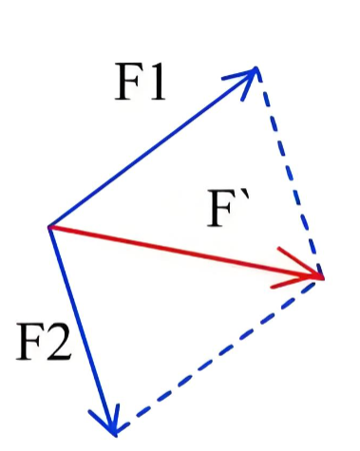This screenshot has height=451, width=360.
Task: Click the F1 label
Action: coord(140,82)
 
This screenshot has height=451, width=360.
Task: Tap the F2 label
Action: coord(44,342)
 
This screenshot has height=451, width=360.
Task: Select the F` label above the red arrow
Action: coord(228,208)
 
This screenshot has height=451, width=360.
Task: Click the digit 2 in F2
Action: coord(58,342)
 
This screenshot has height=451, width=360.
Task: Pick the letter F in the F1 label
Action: coord(127,82)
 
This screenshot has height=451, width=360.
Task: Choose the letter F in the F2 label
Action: coord(29,342)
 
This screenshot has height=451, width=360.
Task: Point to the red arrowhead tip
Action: coord(323,278)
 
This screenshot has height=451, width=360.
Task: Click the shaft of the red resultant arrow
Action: coord(185,253)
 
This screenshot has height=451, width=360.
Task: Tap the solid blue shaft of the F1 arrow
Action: coord(153,147)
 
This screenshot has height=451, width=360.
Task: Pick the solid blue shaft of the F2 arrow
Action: coord(82,331)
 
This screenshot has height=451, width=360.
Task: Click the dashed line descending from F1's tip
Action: coord(289,173)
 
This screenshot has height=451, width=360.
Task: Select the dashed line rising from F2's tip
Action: coord(218,357)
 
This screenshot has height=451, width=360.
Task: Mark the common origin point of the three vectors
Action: coord(49,227)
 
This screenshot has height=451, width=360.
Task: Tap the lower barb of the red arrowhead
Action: coord(296,282)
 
